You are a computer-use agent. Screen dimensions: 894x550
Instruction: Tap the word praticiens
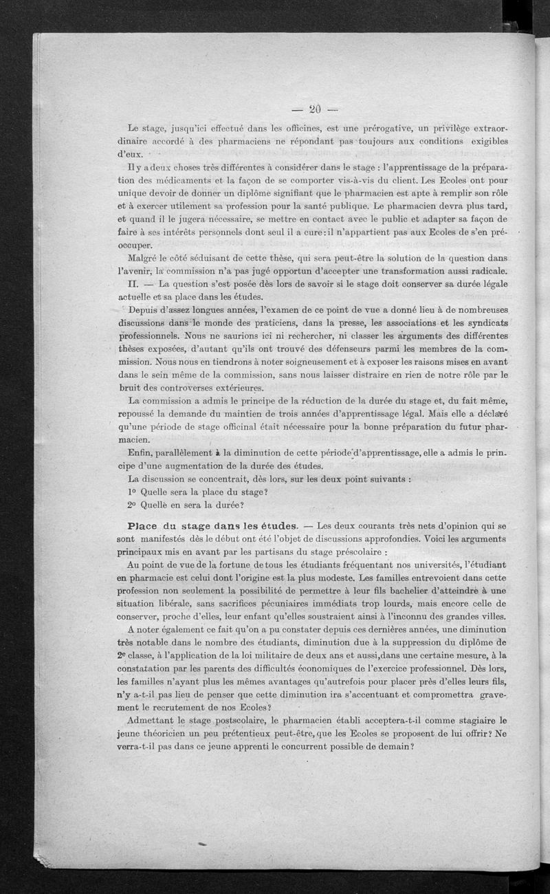[287, 324]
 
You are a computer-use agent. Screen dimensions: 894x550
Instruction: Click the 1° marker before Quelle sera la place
[132, 492]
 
